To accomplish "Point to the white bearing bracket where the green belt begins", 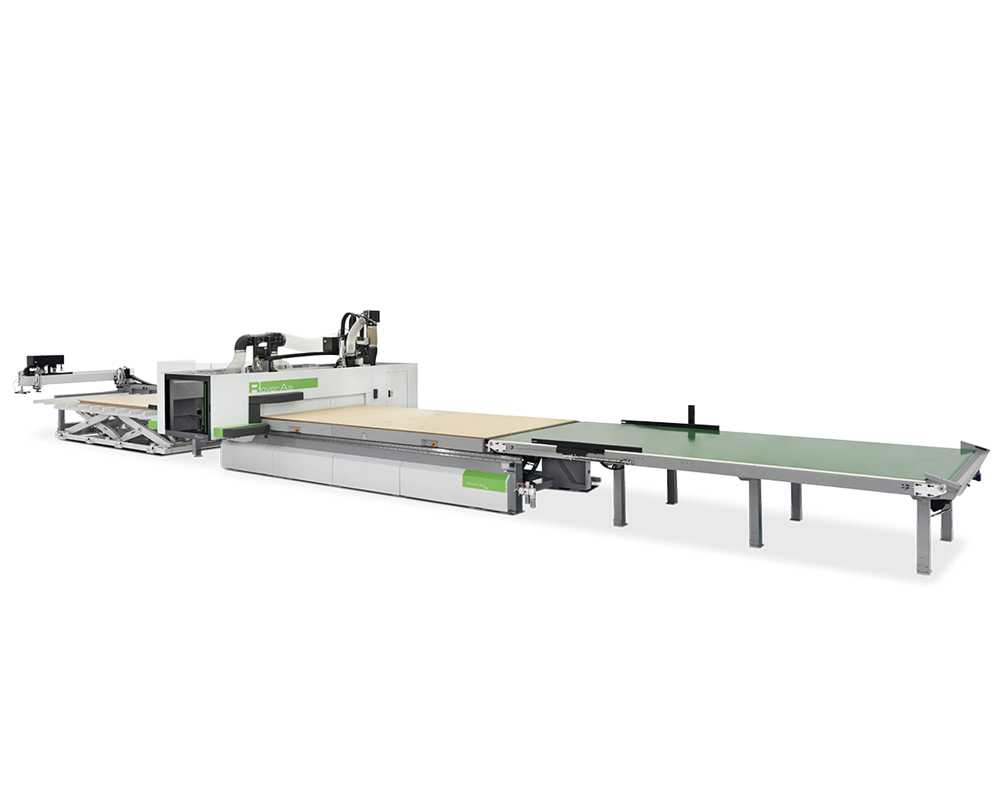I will click(497, 446).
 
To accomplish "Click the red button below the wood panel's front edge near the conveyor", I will click(432, 444).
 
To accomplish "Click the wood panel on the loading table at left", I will click(117, 399).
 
